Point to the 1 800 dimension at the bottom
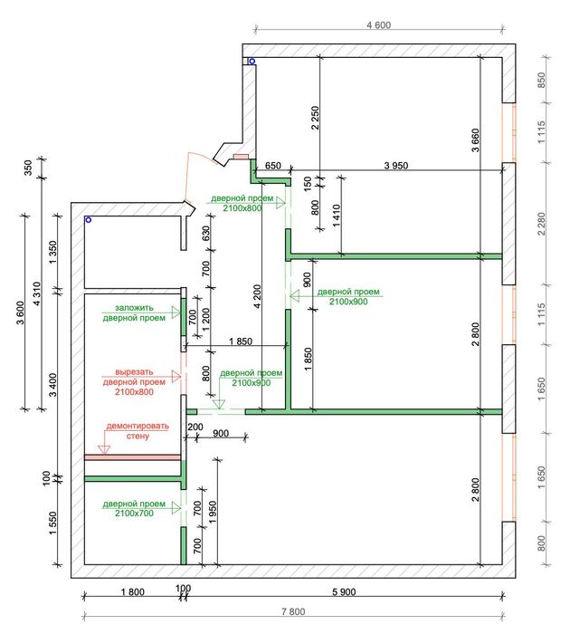click(x=132, y=591)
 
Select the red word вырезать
click(x=134, y=372)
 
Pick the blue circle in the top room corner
click(x=252, y=62)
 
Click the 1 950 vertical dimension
click(x=213, y=514)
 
